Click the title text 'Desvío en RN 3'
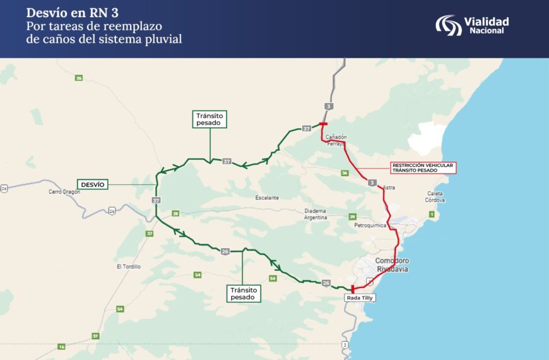(x=73, y=13)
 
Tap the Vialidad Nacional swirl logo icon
(x=449, y=25)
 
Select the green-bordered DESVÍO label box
(x=93, y=184)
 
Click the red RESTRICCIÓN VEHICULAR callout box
(x=422, y=167)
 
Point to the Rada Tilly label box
(x=360, y=297)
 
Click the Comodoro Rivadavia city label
(x=392, y=265)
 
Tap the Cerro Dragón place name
(x=64, y=191)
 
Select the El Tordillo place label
(x=129, y=267)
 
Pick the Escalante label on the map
(x=267, y=198)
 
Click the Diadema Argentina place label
(x=315, y=213)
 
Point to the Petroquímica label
(x=370, y=225)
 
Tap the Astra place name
(x=389, y=187)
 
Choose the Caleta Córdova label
(x=435, y=196)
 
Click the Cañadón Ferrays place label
(x=336, y=140)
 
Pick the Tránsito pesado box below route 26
(x=243, y=293)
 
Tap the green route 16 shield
(x=61, y=347)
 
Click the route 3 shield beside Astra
(x=372, y=183)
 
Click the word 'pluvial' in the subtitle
(x=164, y=39)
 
